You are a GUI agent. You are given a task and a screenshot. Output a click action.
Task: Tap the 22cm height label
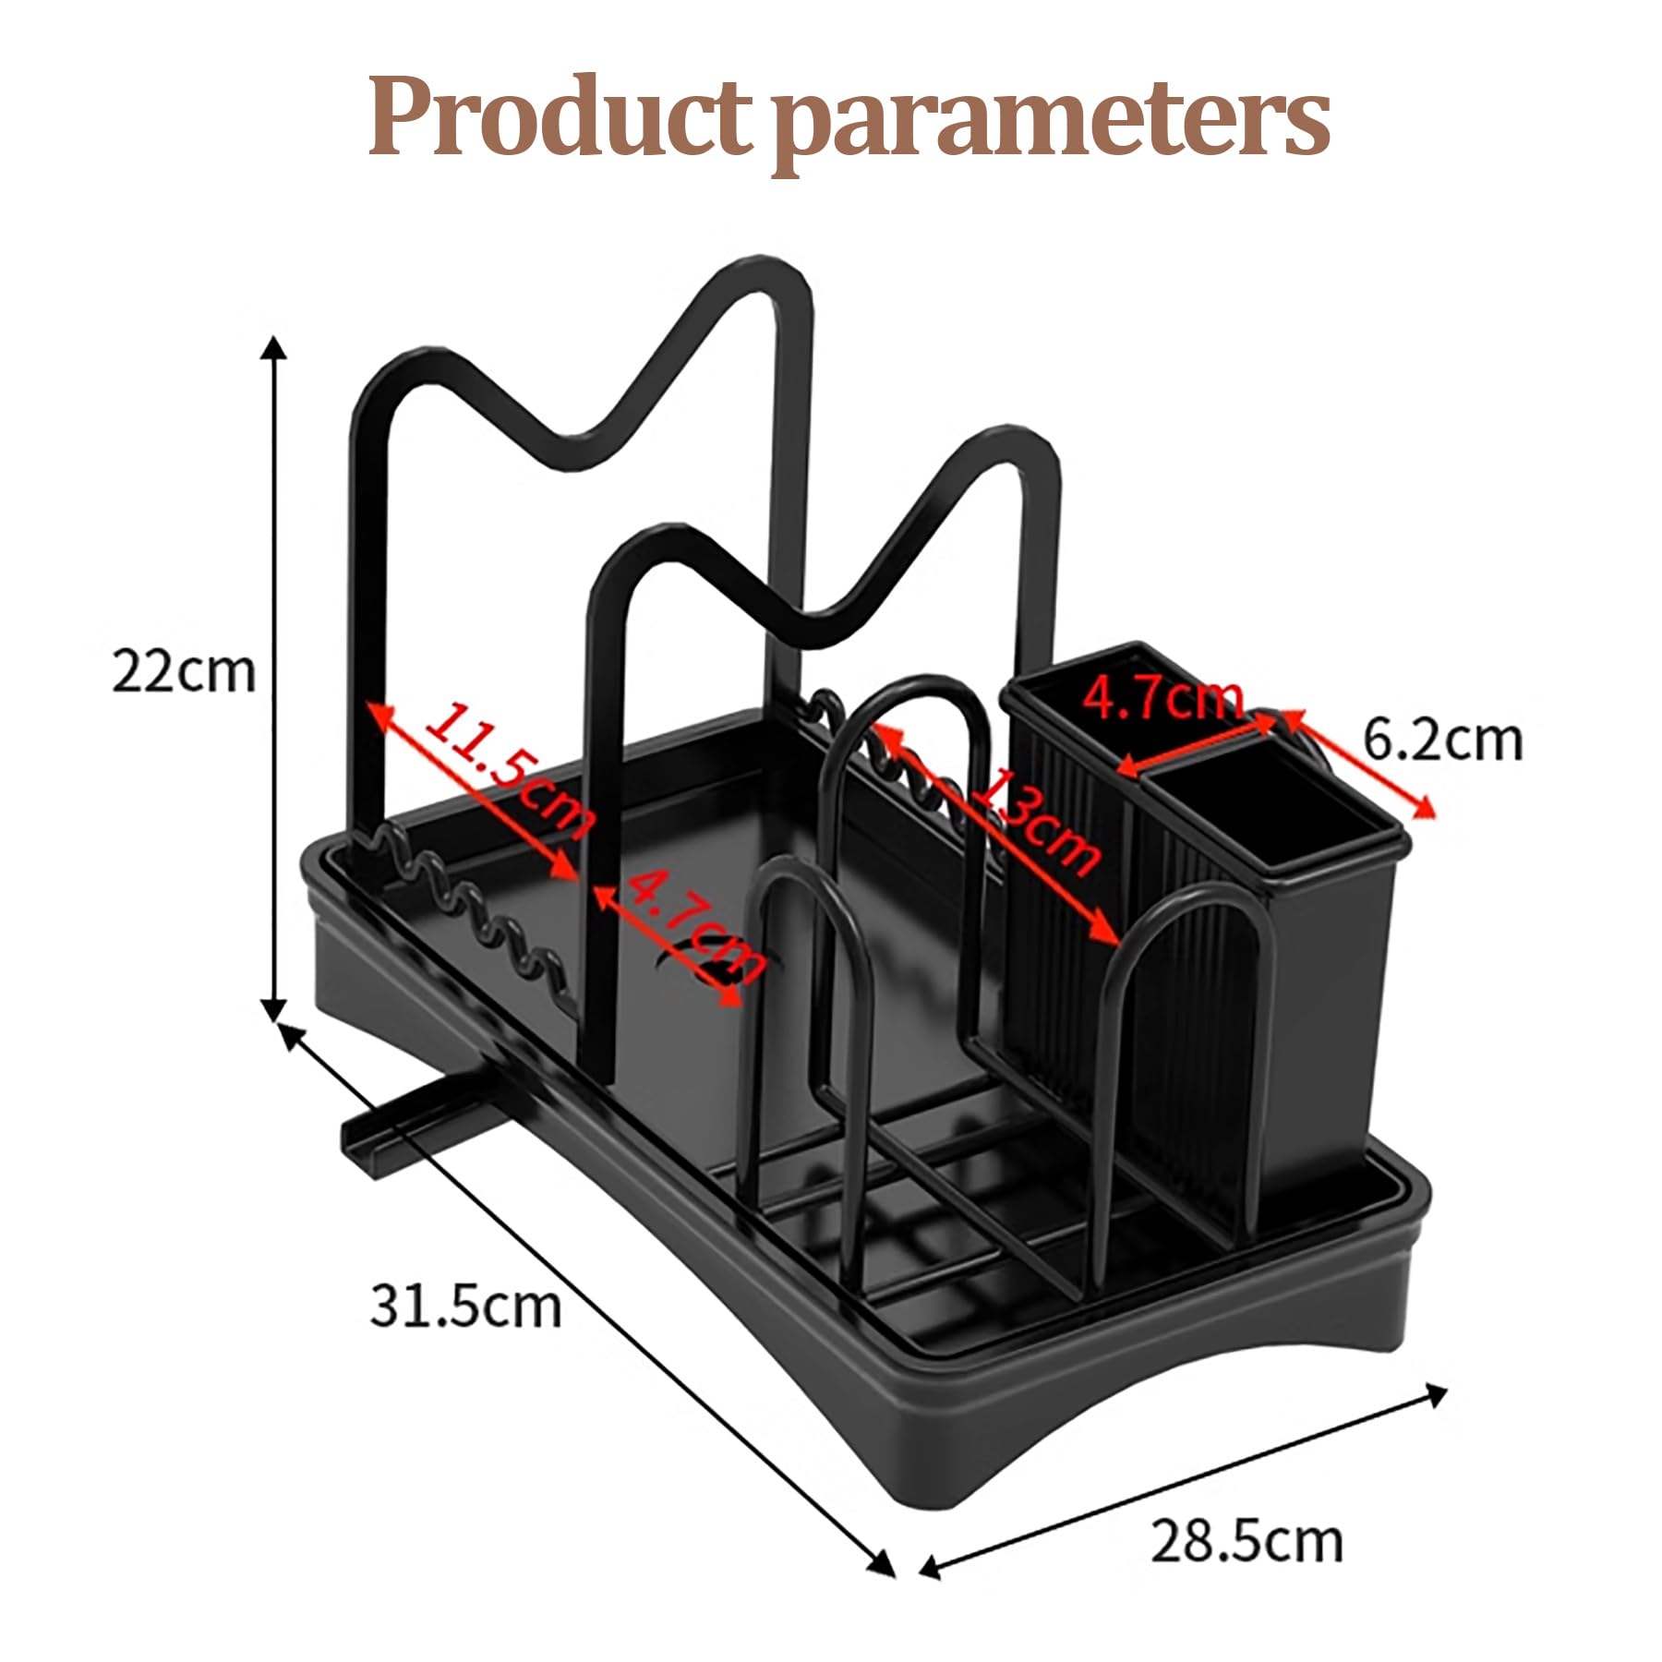point(183,671)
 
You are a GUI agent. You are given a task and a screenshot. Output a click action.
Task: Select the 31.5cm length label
point(465,1306)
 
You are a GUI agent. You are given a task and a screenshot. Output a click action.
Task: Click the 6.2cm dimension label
point(1443,739)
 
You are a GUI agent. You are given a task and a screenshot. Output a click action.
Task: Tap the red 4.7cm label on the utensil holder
point(1164,699)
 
